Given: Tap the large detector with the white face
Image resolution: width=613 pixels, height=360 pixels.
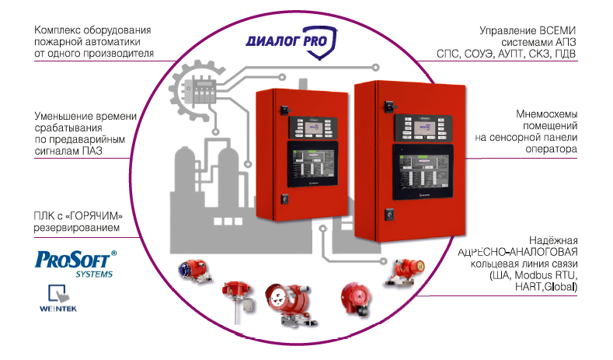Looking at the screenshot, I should point(285,300).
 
